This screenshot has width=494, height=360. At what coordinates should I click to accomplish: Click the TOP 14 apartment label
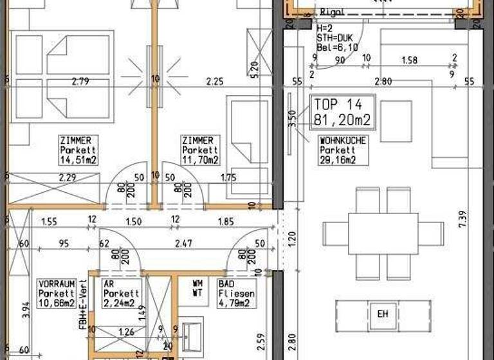coord(338,104)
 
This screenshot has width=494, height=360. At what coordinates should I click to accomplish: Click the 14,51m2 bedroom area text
coord(78,160)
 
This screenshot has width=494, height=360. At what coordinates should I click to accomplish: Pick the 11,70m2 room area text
coord(200,160)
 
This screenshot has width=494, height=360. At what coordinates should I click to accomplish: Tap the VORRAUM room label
coord(56,283)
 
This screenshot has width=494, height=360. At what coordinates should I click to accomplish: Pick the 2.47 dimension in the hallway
coord(184,244)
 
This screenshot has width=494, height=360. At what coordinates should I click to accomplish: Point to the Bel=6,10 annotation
coord(333,46)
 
